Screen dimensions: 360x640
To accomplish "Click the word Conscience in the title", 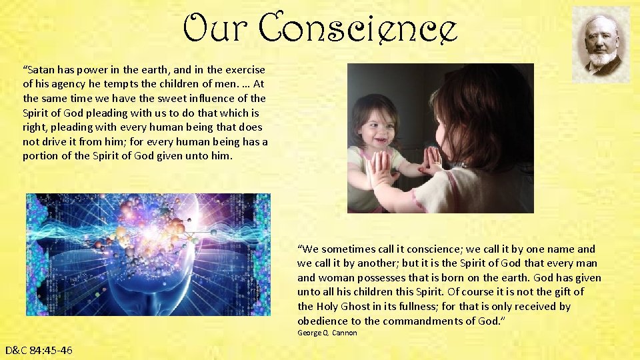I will point(357,28).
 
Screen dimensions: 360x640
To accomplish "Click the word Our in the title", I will point(215,28).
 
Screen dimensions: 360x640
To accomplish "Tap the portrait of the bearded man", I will point(601,44).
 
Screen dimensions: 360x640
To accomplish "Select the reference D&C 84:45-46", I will point(39,350).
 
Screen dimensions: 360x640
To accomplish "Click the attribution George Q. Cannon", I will point(327,333).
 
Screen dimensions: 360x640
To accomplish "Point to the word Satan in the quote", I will point(41,69).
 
